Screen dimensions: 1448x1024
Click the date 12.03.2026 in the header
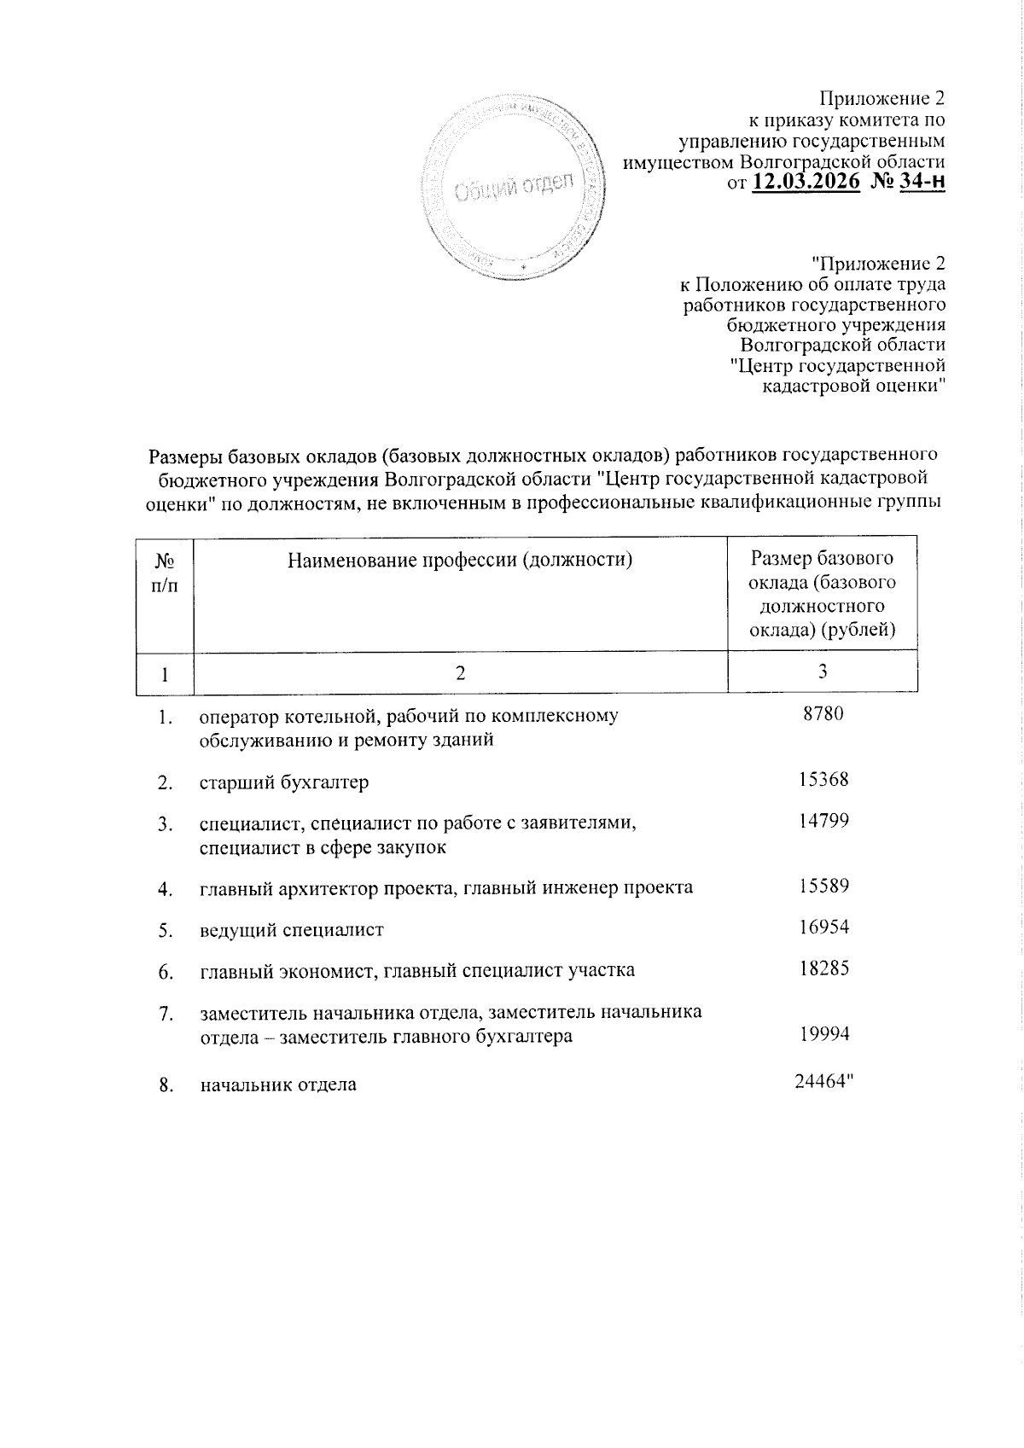tap(806, 182)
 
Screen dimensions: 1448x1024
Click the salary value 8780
tap(823, 713)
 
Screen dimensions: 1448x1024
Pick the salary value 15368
tap(823, 779)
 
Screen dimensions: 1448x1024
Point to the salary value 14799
tap(823, 821)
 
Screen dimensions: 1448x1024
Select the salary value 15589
tap(823, 886)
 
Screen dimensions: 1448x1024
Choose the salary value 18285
tap(823, 968)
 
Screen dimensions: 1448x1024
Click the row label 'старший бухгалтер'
tap(284, 782)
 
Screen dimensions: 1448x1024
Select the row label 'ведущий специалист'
tap(291, 930)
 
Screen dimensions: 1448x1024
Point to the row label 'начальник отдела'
tap(278, 1085)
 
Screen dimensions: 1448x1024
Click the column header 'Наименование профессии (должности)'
tap(460, 561)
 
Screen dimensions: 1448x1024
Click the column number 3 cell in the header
tap(823, 672)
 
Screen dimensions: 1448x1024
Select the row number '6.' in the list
tap(166, 972)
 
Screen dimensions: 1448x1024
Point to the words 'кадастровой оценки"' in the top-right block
tap(852, 386)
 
